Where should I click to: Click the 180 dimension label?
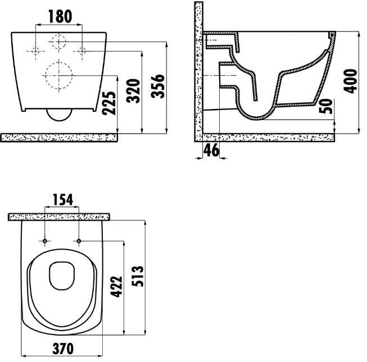60,16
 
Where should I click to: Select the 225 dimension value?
109,103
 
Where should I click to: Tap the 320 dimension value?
133,91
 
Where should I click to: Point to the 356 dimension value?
158,86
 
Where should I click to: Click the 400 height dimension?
350,81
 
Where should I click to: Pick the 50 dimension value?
326,106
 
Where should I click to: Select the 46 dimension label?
211,150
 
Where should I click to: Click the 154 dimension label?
63,200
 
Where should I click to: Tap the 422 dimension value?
116,287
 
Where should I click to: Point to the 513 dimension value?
137,276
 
